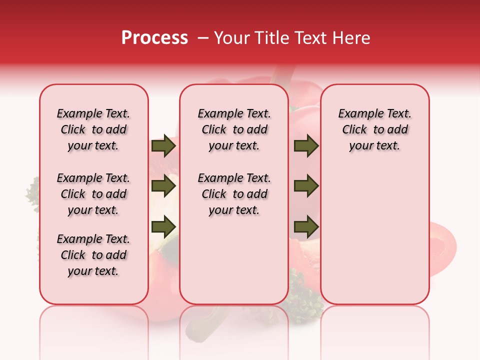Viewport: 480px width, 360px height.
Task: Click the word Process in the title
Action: (x=154, y=38)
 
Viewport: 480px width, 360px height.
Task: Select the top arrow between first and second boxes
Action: (x=163, y=146)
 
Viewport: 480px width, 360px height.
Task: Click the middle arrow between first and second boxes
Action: (x=163, y=186)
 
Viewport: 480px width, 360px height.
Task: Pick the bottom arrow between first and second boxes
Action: (x=163, y=227)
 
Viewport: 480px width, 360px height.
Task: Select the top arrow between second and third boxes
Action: (x=306, y=146)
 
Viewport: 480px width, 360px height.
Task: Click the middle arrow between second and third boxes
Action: (x=306, y=186)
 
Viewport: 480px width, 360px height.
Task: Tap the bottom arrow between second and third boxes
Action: (x=306, y=227)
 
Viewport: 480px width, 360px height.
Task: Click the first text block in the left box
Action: (x=93, y=129)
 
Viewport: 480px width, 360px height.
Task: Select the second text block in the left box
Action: (x=93, y=194)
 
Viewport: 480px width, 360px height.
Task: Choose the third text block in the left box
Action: (x=93, y=255)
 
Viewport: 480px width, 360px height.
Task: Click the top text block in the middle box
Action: (x=234, y=129)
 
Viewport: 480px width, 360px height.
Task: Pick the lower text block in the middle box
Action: (x=234, y=194)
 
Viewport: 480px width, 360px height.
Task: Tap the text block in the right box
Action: (x=374, y=129)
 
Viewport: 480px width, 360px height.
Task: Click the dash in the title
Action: (x=203, y=38)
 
